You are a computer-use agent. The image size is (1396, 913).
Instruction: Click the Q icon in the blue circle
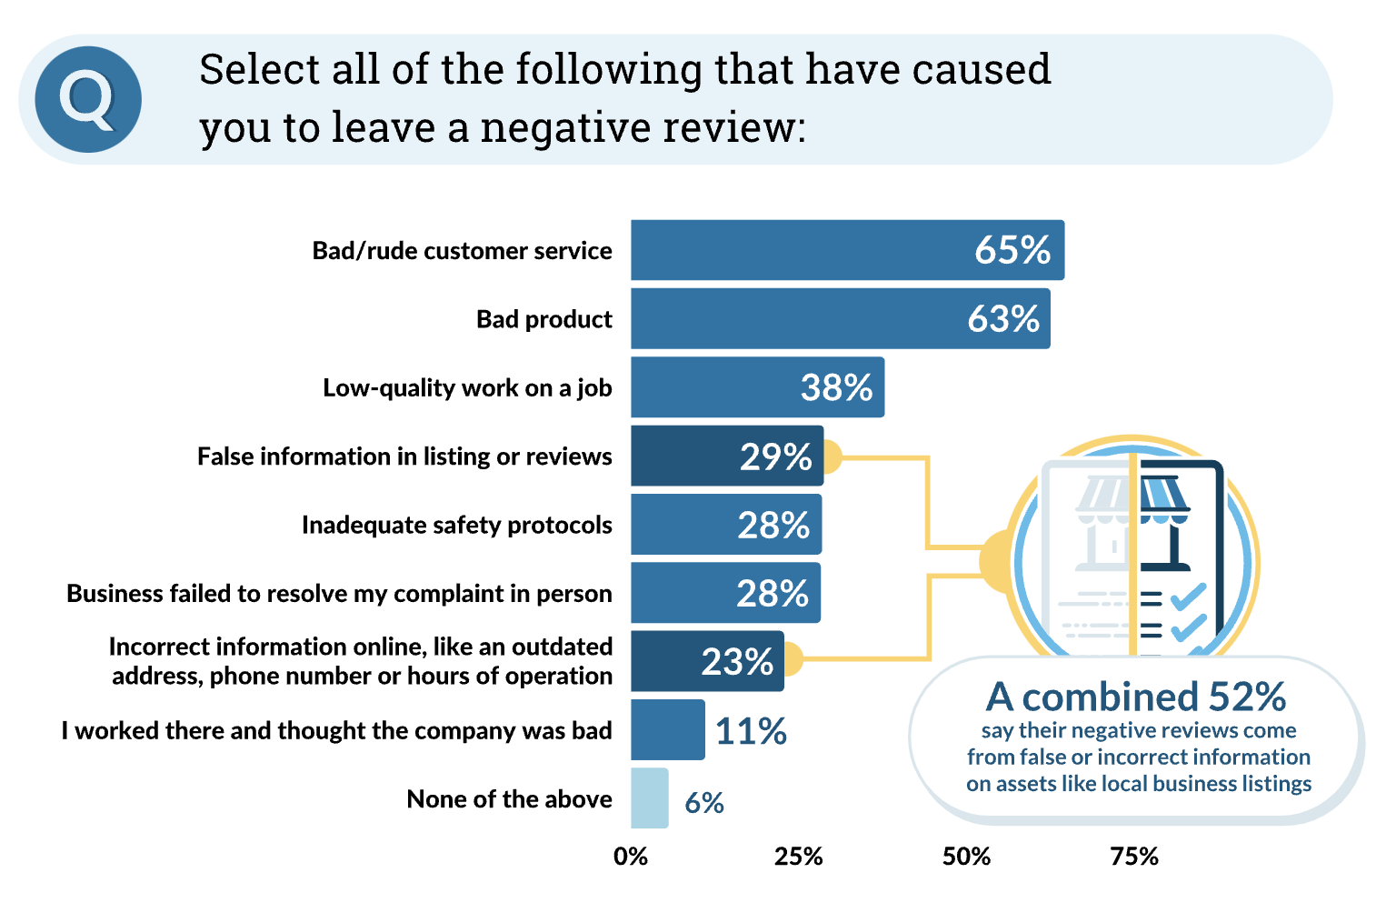[88, 100]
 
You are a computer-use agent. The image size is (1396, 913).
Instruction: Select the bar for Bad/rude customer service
[848, 250]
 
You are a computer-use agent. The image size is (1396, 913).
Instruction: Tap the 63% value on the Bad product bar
[1003, 318]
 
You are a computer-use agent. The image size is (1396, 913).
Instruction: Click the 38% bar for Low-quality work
[758, 387]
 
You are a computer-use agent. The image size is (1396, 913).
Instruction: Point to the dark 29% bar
[727, 456]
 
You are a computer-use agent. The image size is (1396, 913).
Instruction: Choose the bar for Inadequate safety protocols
[726, 525]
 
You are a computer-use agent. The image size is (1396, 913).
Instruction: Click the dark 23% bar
[707, 661]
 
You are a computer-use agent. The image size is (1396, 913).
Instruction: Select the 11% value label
[751, 731]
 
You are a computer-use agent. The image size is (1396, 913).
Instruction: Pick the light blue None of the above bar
[650, 798]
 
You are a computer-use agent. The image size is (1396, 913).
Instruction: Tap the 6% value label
[704, 803]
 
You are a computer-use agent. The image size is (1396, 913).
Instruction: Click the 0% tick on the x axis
[631, 857]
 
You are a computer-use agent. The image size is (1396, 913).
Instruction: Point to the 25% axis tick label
[798, 857]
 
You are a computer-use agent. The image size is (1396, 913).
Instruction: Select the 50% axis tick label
[966, 857]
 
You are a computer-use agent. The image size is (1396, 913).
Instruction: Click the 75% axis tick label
[1134, 857]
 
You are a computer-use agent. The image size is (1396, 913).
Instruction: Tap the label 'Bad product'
[544, 319]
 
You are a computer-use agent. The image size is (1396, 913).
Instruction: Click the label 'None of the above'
[509, 798]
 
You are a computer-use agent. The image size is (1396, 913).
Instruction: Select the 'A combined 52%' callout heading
[1135, 697]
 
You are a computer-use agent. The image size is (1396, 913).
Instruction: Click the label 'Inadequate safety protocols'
[457, 525]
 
